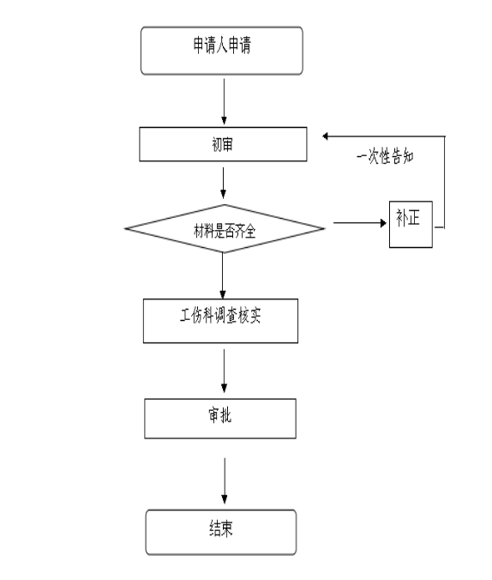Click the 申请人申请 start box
pyautogui.click(x=222, y=51)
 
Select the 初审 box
pyautogui.click(x=223, y=144)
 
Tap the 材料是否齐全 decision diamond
pyautogui.click(x=225, y=228)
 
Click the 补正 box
pyautogui.click(x=411, y=224)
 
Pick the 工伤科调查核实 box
pyautogui.click(x=220, y=321)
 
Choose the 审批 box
pyautogui.click(x=220, y=419)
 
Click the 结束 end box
pyautogui.click(x=221, y=532)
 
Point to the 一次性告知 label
pyautogui.click(x=385, y=156)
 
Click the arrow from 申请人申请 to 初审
pyautogui.click(x=224, y=101)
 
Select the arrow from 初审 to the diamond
pyautogui.click(x=223, y=183)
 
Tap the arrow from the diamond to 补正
pyautogui.click(x=360, y=223)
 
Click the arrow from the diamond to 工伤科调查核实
pyautogui.click(x=223, y=275)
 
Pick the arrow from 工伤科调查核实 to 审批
pyautogui.click(x=224, y=371)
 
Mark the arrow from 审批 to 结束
pyautogui.click(x=225, y=480)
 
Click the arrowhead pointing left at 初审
pyautogui.click(x=326, y=136)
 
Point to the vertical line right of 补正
pyautogui.click(x=444, y=182)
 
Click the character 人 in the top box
pyautogui.click(x=222, y=45)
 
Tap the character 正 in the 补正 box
pyautogui.click(x=414, y=218)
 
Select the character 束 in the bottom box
pyautogui.click(x=227, y=529)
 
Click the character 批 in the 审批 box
pyautogui.click(x=225, y=415)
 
